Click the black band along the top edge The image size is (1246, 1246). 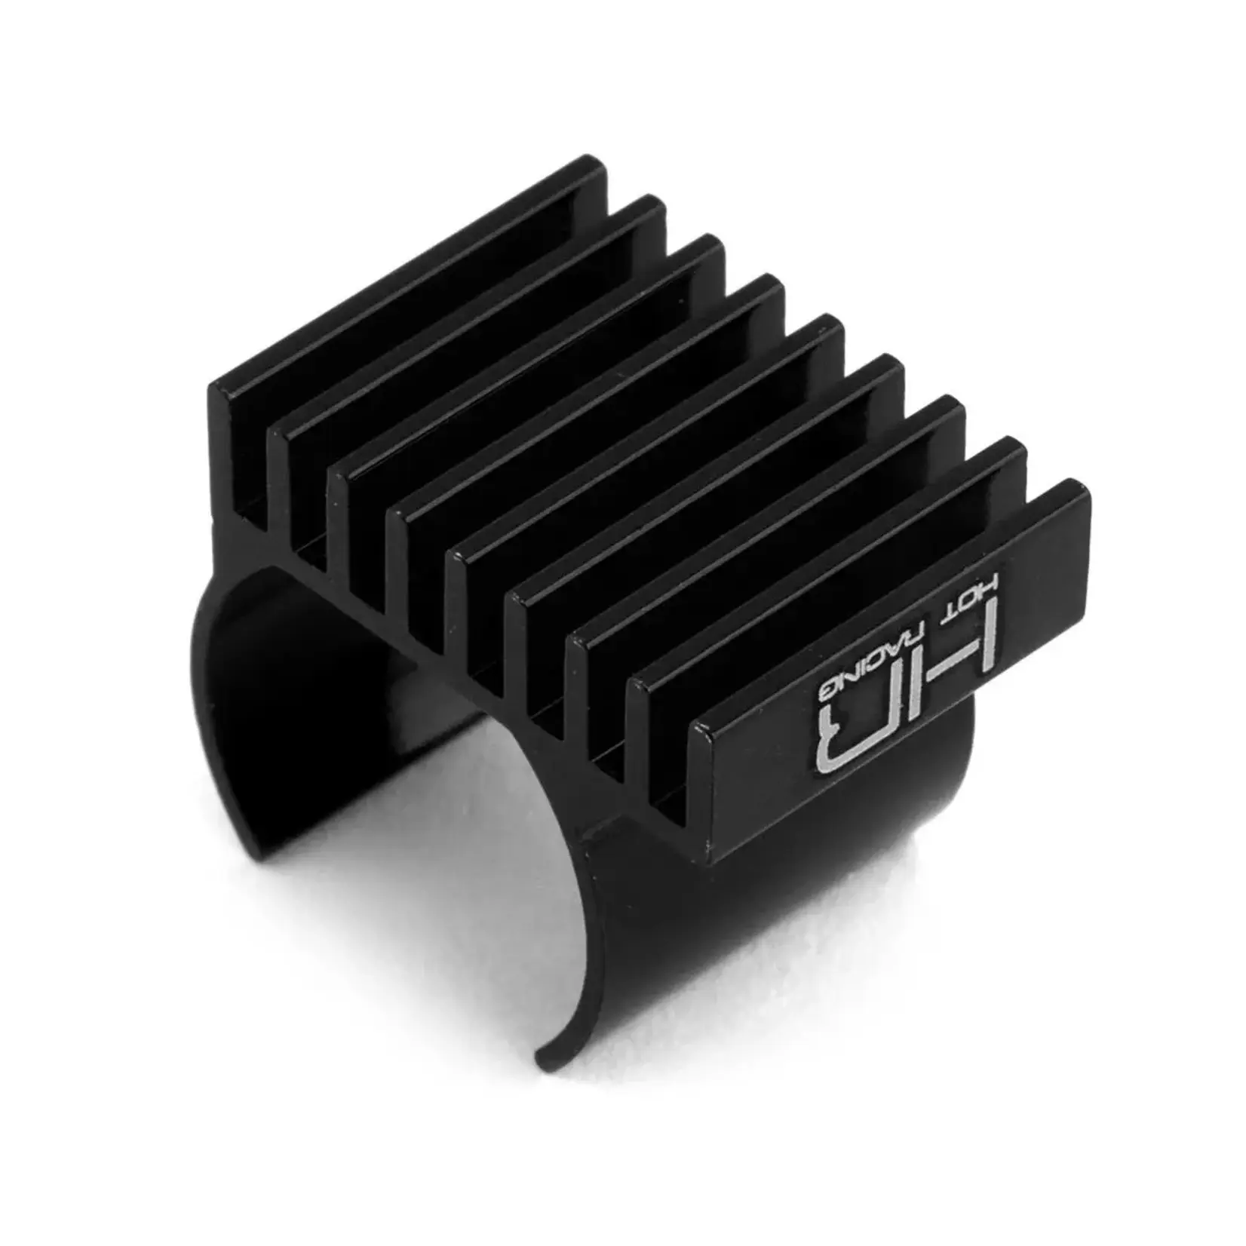tap(623, 60)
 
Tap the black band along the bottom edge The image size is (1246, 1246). tap(623, 1184)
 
